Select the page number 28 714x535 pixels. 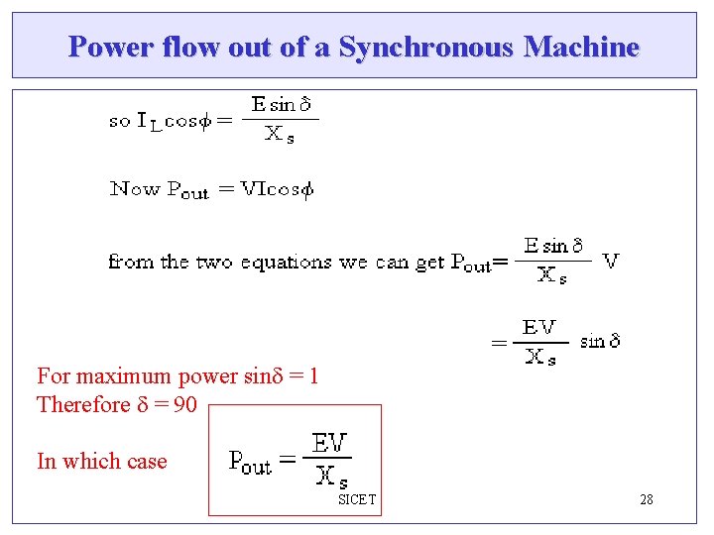click(646, 499)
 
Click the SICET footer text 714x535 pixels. click(357, 499)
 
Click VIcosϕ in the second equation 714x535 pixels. click(265, 189)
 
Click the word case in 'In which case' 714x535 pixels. click(146, 461)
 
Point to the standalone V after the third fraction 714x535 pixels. click(611, 261)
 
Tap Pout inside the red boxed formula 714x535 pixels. click(250, 461)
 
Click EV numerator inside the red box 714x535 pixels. click(330, 442)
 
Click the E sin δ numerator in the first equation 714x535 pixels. click(282, 105)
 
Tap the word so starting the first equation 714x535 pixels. click(119, 121)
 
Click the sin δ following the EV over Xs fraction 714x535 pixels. click(600, 341)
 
